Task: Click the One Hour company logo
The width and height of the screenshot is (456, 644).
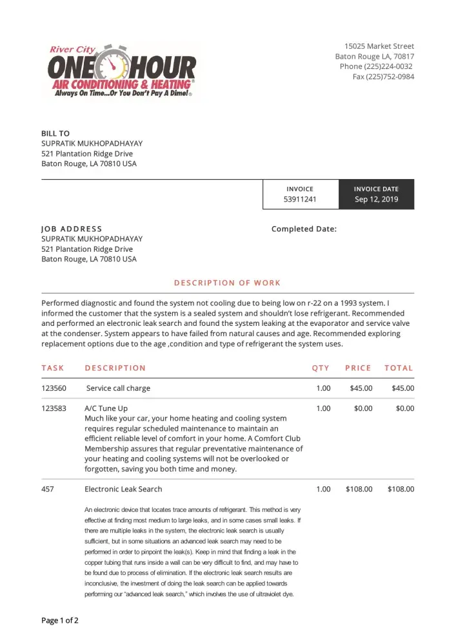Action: (x=122, y=71)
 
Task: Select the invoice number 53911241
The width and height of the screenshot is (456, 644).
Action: (x=300, y=200)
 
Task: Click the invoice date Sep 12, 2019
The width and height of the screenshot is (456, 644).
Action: (x=377, y=200)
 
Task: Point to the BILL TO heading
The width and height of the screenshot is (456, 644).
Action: (x=55, y=133)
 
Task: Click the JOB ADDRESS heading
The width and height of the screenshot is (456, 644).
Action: (x=72, y=229)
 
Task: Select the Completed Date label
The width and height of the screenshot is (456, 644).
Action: (x=304, y=229)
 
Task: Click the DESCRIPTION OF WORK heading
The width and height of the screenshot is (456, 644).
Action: (x=228, y=283)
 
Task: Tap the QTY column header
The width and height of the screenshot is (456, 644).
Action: (x=321, y=368)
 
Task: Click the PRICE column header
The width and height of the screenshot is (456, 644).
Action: (x=358, y=368)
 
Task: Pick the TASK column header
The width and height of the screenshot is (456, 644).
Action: (x=53, y=368)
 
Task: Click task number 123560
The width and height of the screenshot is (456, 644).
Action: (x=54, y=388)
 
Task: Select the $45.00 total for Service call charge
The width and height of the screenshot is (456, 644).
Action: (x=402, y=388)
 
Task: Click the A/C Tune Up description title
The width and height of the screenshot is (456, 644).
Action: (x=106, y=408)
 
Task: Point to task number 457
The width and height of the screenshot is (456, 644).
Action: (x=48, y=489)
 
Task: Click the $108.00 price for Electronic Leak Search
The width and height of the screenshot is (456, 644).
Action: (x=359, y=489)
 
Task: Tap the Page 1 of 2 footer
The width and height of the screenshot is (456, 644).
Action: (x=60, y=621)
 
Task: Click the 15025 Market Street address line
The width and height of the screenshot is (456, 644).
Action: (x=379, y=46)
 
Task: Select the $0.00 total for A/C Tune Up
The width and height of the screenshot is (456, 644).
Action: (x=405, y=408)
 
